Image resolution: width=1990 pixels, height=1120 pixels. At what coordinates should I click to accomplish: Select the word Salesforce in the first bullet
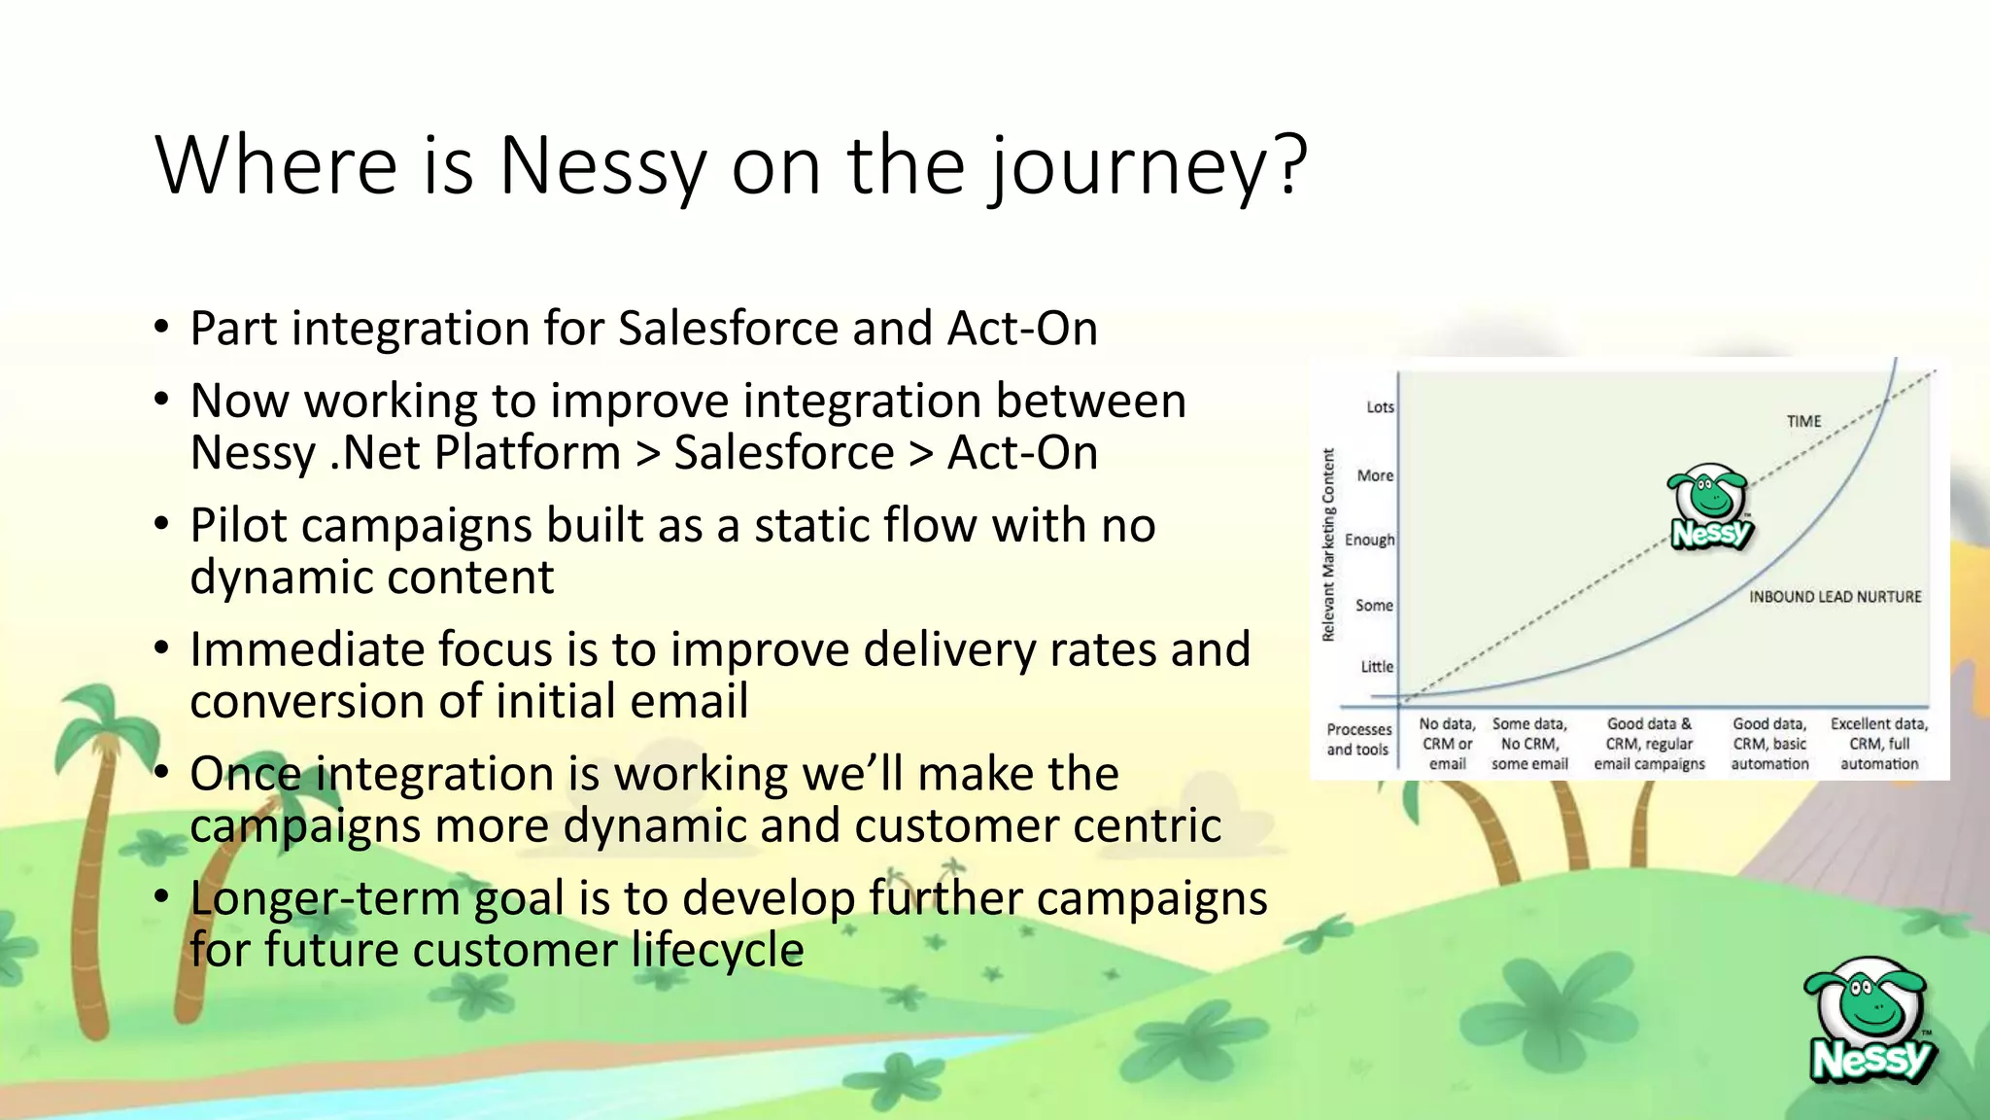729,328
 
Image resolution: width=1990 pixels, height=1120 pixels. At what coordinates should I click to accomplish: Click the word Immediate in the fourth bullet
306,649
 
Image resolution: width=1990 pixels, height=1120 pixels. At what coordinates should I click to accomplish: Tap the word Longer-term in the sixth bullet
325,897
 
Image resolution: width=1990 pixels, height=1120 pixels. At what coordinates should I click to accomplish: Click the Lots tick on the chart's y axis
1380,407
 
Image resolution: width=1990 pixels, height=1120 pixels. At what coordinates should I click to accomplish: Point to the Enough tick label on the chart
1369,540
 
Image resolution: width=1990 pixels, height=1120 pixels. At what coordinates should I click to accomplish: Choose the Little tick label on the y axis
1377,667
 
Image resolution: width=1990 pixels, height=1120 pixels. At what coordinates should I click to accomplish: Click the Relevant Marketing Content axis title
1328,544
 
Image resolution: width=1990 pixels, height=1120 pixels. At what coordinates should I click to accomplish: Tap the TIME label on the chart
1803,421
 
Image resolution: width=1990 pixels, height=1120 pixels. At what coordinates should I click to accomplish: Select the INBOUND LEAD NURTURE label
1835,597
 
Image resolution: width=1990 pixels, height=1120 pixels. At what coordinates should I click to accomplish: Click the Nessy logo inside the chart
1710,507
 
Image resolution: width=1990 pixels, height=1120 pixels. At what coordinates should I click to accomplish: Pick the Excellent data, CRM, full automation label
1878,744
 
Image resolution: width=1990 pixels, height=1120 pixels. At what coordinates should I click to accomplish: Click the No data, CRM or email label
1447,744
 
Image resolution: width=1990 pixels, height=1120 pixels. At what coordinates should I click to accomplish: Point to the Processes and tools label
1358,739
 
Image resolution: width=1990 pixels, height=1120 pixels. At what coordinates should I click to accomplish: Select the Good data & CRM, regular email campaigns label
1649,744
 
